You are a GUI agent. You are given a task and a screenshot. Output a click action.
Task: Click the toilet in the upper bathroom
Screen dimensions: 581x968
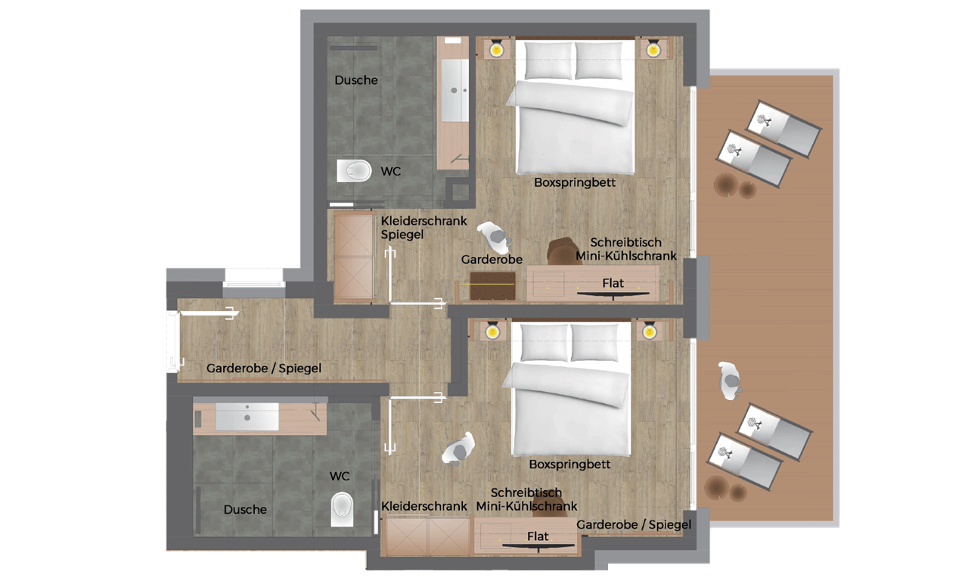point(354,171)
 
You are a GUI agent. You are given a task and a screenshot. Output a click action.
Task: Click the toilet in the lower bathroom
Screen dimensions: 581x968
point(342,508)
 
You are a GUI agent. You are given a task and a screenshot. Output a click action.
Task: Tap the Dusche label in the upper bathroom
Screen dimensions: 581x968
point(356,80)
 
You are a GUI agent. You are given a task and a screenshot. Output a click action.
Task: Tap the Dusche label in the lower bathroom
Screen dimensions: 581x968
point(245,510)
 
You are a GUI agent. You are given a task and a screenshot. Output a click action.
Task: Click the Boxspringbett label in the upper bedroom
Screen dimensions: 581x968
point(575,182)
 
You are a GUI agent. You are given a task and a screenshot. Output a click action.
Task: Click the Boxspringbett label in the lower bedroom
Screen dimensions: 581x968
point(569,464)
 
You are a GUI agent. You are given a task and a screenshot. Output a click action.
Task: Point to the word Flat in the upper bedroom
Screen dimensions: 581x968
point(613,284)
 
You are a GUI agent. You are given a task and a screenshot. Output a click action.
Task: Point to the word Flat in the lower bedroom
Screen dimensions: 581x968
point(538,536)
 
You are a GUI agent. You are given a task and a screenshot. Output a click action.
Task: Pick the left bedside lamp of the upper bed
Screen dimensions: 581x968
point(495,50)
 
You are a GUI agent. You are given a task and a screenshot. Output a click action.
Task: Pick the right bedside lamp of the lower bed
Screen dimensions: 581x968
point(647,331)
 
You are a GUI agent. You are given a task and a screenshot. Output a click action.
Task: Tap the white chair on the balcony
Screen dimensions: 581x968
point(730,381)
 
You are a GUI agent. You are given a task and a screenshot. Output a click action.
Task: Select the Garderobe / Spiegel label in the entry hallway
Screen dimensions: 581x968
point(264,368)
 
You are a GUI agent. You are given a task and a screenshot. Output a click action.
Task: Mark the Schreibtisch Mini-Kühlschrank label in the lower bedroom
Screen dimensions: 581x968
point(526,499)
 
